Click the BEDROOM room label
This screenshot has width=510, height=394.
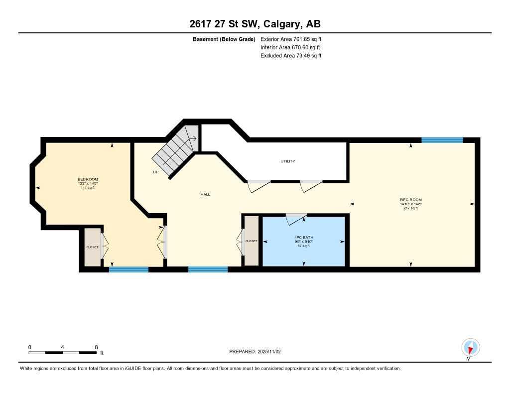click(x=88, y=179)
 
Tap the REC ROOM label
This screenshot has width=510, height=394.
click(x=411, y=200)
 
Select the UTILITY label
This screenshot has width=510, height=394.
click(x=288, y=161)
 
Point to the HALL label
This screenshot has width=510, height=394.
click(x=205, y=194)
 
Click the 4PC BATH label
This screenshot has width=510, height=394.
click(x=304, y=237)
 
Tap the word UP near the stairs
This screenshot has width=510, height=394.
click(x=155, y=172)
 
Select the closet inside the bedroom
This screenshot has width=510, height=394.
click(x=92, y=247)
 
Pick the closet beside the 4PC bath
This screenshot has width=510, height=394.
click(x=251, y=241)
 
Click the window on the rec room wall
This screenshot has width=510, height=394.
click(x=442, y=140)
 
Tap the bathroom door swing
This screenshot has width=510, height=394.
click(x=296, y=217)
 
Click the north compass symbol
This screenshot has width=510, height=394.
click(x=471, y=347)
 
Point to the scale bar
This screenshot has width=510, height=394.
click(x=62, y=353)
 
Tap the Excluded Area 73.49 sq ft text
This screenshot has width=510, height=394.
click(x=291, y=56)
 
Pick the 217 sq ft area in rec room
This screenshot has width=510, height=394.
click(x=411, y=208)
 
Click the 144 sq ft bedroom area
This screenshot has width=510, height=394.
click(x=88, y=188)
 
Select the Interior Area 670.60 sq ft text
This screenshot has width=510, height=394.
click(x=290, y=47)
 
